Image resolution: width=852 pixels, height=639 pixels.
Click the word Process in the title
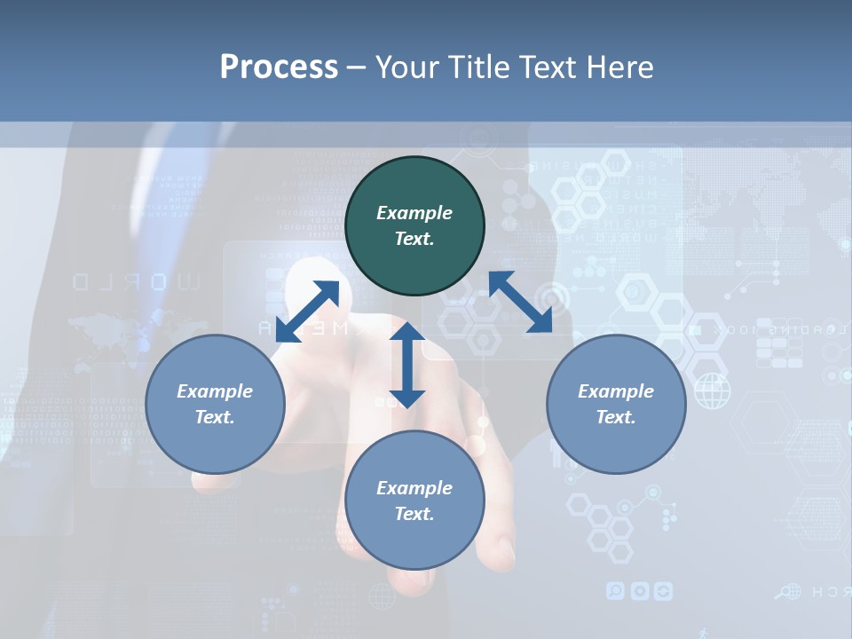(279, 67)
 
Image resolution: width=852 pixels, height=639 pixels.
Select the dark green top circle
(414, 226)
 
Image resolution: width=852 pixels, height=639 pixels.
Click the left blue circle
(215, 404)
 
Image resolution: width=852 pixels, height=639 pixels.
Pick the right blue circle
(616, 404)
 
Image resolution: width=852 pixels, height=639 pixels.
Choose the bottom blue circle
(414, 501)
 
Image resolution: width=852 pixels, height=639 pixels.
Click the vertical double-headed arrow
(407, 365)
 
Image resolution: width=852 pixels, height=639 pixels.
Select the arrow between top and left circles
(307, 312)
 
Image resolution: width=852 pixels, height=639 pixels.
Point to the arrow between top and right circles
(520, 302)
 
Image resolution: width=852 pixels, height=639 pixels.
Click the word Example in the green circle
(414, 213)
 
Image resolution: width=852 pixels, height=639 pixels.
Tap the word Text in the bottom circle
(414, 514)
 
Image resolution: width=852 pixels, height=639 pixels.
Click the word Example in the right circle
(616, 391)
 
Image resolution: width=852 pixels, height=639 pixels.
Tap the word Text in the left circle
(215, 417)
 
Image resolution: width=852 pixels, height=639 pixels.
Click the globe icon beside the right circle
(712, 390)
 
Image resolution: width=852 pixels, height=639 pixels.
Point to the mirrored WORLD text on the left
(137, 282)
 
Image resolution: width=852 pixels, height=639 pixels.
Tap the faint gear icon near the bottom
(639, 591)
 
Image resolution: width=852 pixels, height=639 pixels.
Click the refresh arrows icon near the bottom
(663, 591)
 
